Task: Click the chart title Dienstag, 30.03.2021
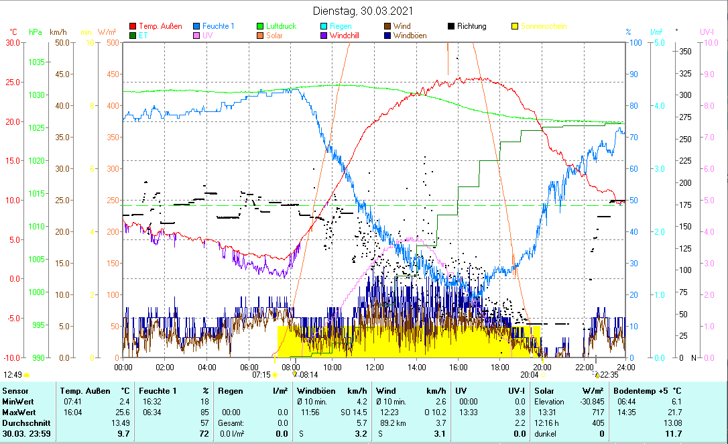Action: [x=363, y=11]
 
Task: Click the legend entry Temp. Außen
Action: [x=160, y=26]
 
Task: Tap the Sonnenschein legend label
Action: [x=544, y=26]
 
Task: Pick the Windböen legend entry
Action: [x=410, y=36]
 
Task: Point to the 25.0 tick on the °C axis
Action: [x=13, y=82]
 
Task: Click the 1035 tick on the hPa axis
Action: [x=37, y=62]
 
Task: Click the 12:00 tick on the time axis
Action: [x=375, y=367]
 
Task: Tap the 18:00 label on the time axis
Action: [x=500, y=367]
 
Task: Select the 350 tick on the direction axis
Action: [x=684, y=52]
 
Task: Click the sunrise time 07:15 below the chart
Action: [x=261, y=375]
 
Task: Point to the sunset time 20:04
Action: [x=529, y=375]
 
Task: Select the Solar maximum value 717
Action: [x=598, y=412]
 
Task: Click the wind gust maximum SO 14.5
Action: [x=353, y=412]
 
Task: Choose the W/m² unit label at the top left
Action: [x=107, y=32]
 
